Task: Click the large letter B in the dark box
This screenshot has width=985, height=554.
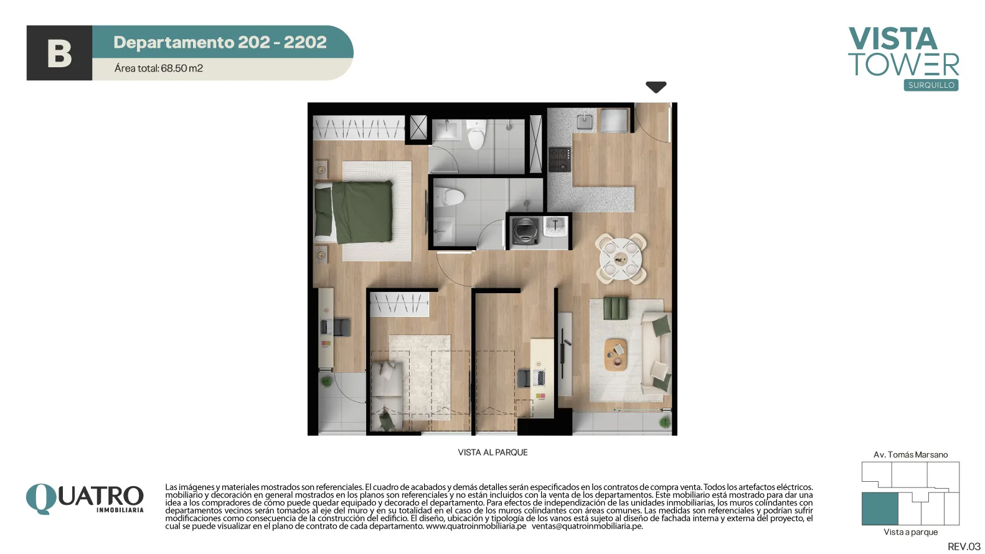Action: click(x=59, y=54)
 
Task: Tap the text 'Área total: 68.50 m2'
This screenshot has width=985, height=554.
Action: click(x=158, y=68)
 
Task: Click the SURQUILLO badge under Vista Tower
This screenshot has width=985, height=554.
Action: click(x=931, y=85)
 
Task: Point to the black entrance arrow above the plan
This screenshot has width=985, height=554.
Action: click(x=656, y=87)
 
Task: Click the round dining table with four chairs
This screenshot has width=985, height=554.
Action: click(x=621, y=259)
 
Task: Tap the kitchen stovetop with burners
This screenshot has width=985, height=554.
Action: click(x=560, y=159)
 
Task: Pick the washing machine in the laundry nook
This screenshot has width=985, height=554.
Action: click(x=525, y=231)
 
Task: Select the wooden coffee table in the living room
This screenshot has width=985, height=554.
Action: click(x=616, y=354)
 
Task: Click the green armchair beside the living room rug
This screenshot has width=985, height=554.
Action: click(x=615, y=309)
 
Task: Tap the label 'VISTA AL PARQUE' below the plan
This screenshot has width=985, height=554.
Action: click(x=492, y=453)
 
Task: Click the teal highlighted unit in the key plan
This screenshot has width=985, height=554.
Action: click(x=879, y=509)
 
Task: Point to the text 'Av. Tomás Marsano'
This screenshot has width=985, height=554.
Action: click(x=910, y=454)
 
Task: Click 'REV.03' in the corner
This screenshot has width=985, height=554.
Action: click(x=964, y=547)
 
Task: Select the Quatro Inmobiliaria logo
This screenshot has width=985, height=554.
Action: click(x=85, y=499)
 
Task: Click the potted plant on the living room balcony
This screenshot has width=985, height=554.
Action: click(x=665, y=422)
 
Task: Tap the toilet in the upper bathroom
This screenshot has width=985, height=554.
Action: click(x=477, y=134)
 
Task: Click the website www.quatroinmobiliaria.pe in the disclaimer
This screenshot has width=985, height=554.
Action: click(x=476, y=527)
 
